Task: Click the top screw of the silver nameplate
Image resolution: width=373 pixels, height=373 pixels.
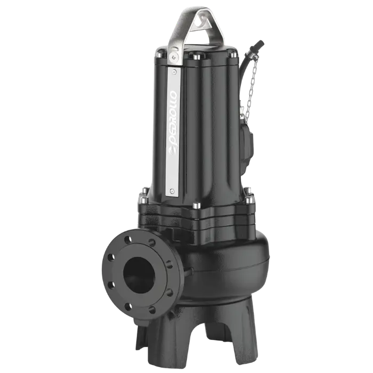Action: pos(175,71)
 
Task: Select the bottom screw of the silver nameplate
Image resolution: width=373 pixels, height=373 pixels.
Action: pos(172,191)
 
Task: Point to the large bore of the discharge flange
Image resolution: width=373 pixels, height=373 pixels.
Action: pos(139,275)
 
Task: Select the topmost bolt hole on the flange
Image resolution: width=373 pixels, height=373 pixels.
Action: pos(128,240)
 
